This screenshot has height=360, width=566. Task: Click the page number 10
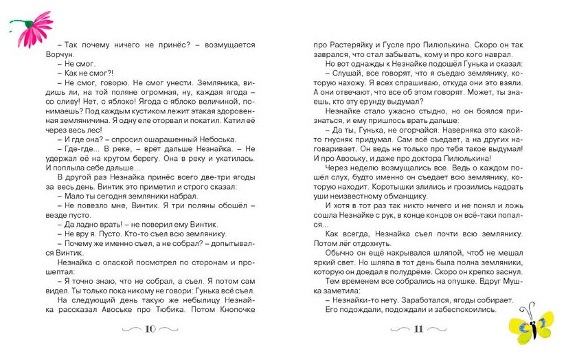(150, 328)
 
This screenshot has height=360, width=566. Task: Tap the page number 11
(418, 328)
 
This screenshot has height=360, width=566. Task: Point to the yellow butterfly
(533, 322)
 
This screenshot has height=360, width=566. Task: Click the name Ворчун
(67, 54)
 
